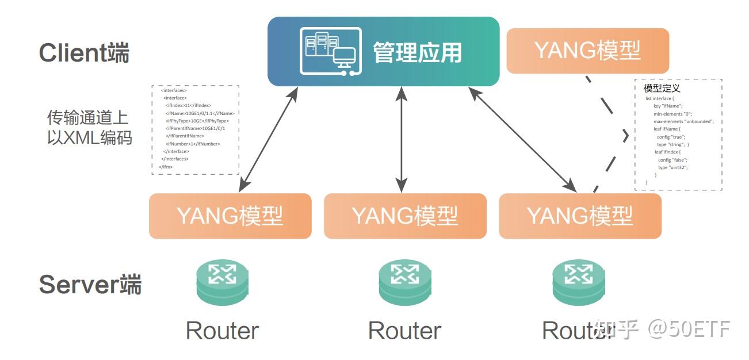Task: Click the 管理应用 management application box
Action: tap(383, 52)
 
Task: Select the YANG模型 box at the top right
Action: tap(587, 51)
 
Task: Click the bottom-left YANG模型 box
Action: tap(230, 216)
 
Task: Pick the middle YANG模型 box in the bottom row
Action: tap(405, 216)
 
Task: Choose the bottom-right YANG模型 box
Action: tap(580, 216)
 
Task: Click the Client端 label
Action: tap(84, 53)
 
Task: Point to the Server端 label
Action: tap(90, 284)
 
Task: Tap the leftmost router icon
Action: tap(222, 282)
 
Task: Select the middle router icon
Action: tap(404, 282)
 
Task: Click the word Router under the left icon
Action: tap(222, 331)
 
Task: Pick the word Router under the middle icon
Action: tap(404, 331)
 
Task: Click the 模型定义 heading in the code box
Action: tap(662, 89)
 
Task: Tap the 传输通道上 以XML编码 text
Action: tap(89, 128)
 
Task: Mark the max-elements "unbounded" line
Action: tap(683, 121)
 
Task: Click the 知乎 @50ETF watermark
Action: tap(662, 329)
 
